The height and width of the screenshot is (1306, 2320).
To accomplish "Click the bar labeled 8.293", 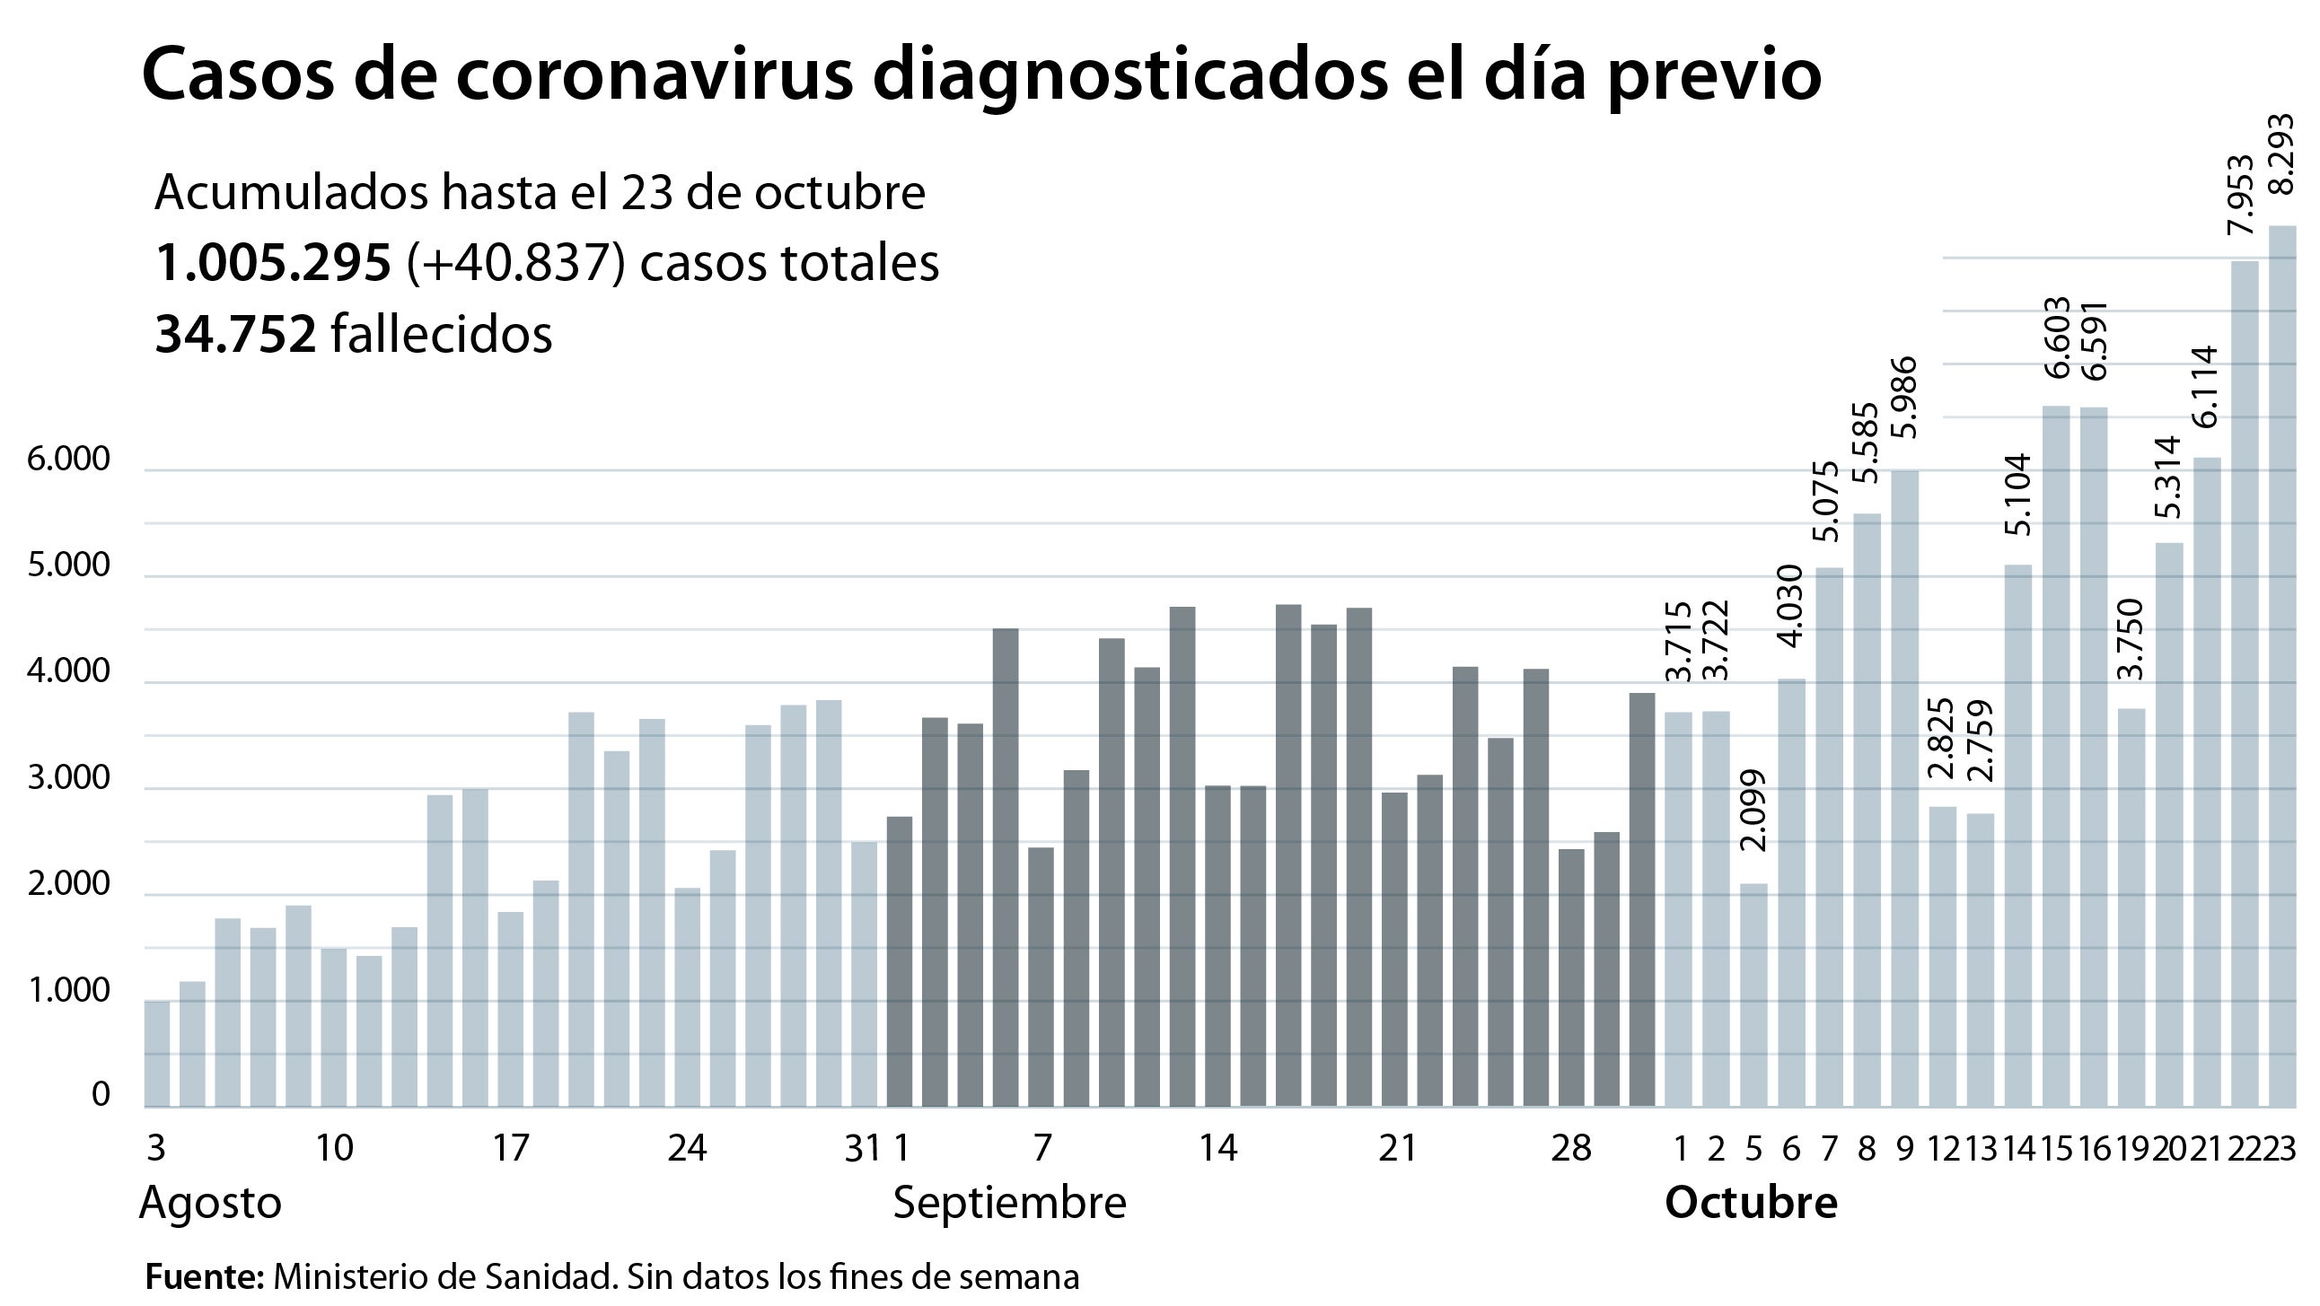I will tap(2281, 667).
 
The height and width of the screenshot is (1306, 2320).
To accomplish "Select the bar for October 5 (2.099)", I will tap(1753, 995).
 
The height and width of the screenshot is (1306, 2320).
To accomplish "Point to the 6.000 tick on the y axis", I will tap(68, 460).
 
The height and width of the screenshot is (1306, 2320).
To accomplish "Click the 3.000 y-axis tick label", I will tap(68, 779).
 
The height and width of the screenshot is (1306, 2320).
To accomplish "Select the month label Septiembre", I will tap(1008, 1204).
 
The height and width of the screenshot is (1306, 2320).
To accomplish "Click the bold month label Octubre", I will tap(1750, 1204).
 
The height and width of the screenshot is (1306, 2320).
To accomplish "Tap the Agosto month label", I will tap(210, 1204).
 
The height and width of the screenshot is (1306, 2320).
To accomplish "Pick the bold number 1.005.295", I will tap(273, 263).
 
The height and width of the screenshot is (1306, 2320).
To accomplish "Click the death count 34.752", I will tap(235, 334).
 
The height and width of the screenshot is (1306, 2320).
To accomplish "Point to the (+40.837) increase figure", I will tap(516, 263).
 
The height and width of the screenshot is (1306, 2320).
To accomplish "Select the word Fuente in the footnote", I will tap(204, 1277).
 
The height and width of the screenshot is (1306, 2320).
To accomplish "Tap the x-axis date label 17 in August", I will tap(511, 1149).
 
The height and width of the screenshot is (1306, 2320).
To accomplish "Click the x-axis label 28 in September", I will tap(1571, 1149).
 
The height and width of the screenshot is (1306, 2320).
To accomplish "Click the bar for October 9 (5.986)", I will tap(1904, 788).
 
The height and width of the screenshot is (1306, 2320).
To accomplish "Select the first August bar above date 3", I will tap(157, 1053).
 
